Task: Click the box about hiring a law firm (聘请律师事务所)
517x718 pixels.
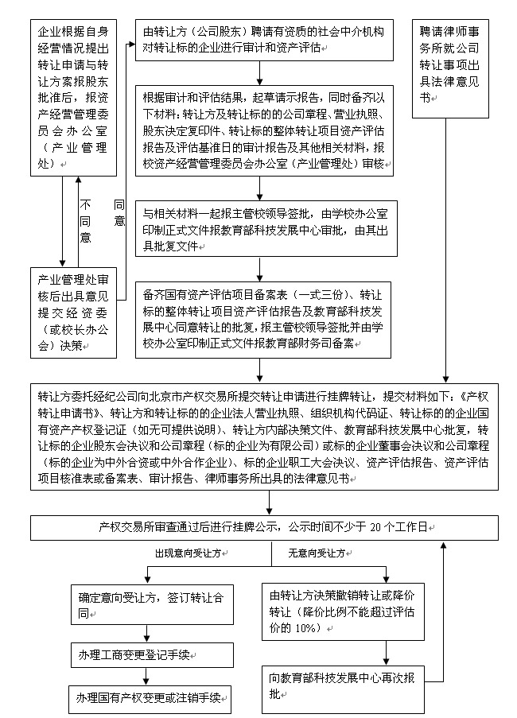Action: point(450,68)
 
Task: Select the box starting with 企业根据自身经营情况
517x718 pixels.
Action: point(73,98)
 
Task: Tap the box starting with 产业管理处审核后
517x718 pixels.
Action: point(73,312)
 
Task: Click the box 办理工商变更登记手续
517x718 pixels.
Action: point(152,655)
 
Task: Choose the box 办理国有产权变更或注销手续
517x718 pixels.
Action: point(150,698)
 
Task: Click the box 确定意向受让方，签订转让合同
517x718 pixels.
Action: point(152,604)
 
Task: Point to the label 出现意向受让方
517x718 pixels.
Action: point(188,553)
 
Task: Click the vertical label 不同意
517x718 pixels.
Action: point(85,221)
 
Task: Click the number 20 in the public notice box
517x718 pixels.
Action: point(375,527)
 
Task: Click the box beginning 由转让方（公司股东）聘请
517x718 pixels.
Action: point(264,40)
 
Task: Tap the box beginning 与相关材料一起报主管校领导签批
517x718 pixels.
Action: point(266,228)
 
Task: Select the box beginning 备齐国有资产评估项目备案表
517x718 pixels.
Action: point(262,320)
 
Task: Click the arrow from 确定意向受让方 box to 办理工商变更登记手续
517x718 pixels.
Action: point(146,634)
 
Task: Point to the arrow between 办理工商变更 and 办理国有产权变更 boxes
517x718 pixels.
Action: point(146,677)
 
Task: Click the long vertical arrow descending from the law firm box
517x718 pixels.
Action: point(446,250)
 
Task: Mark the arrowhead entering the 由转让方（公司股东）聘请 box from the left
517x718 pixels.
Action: point(132,45)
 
